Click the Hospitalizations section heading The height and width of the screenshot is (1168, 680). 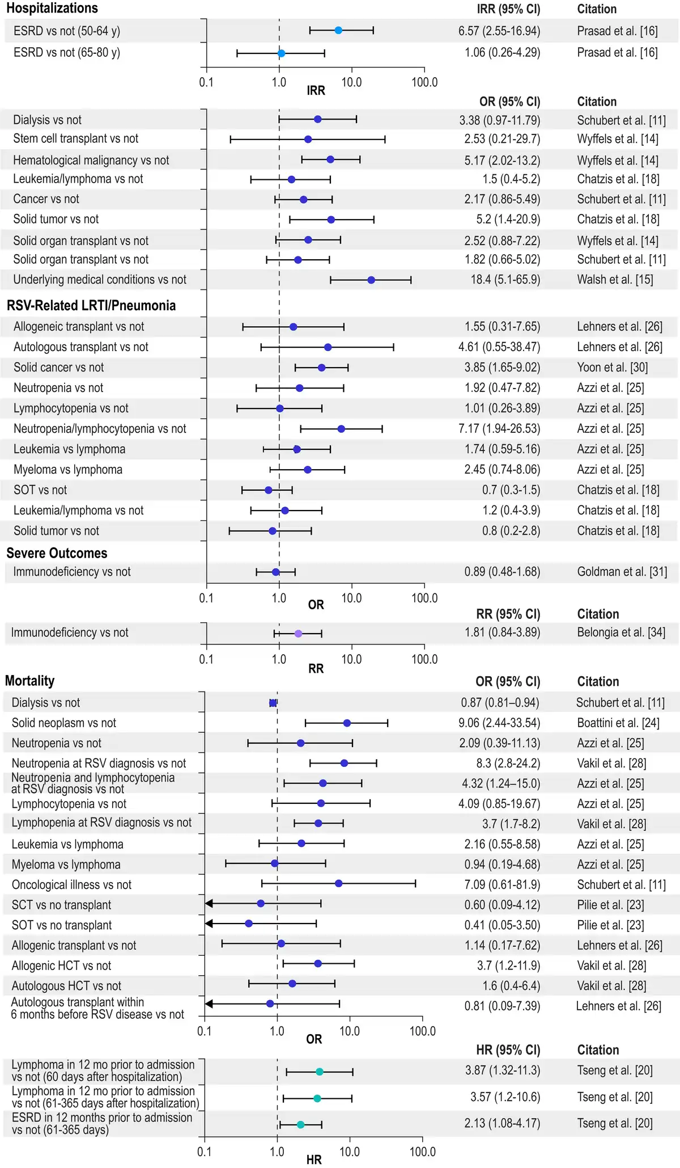point(52,9)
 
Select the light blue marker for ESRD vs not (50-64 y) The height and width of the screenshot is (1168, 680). point(338,31)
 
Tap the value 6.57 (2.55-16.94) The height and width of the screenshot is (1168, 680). point(499,31)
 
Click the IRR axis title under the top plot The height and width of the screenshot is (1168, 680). point(316,91)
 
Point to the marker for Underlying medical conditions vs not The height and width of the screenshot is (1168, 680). point(371,280)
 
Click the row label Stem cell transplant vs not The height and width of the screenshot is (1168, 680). point(76,139)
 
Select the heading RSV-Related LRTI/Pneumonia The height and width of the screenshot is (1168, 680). point(91,306)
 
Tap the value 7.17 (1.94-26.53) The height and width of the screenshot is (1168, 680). point(499,429)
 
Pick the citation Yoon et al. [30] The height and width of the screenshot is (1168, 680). point(612,368)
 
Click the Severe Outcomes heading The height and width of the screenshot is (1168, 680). point(57,553)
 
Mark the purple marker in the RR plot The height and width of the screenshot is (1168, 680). point(299,634)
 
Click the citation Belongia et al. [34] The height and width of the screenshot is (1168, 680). point(621,633)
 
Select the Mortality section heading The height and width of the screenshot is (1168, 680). point(30,681)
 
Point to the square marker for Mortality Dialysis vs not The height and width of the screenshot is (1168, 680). point(273,703)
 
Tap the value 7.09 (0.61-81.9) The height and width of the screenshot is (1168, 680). point(499,885)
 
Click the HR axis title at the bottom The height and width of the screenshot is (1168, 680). point(314,1160)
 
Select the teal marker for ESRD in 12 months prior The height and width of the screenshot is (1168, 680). point(300,1124)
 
